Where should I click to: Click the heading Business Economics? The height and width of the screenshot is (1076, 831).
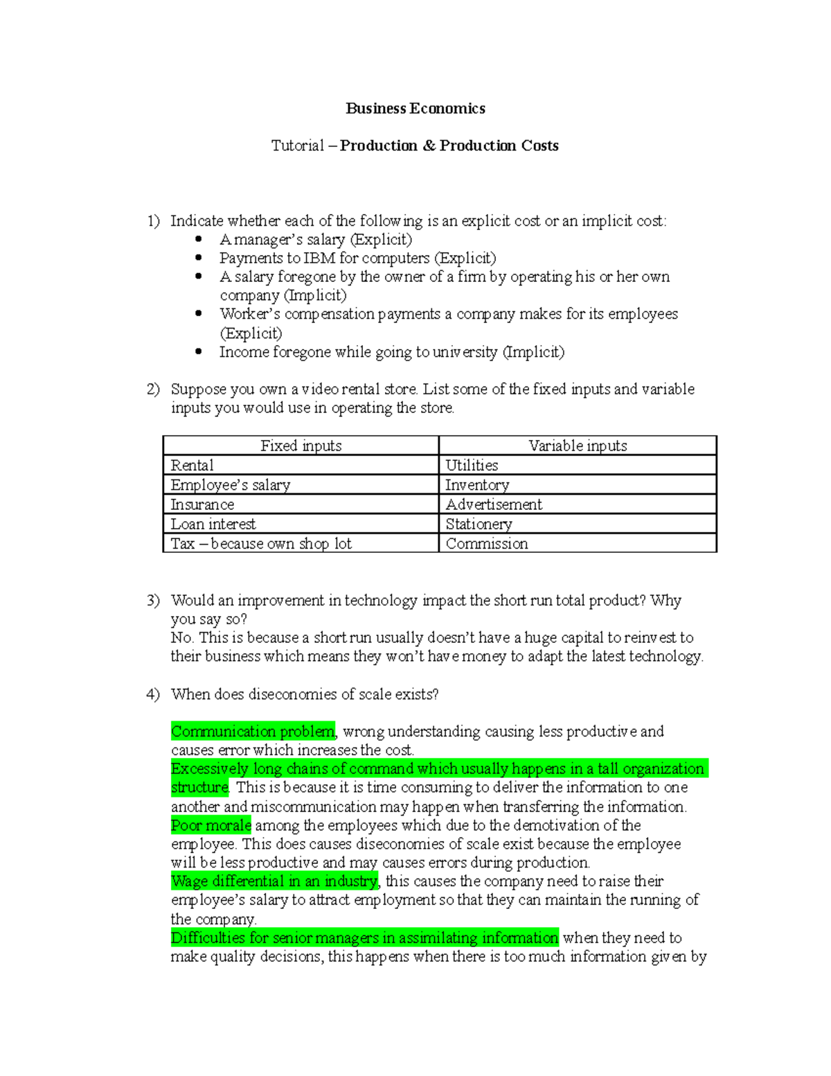coord(415,108)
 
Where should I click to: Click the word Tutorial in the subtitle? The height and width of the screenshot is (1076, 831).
coord(297,145)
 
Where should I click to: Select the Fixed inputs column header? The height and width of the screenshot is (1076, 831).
coord(301,446)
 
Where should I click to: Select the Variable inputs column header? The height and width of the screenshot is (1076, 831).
coord(578,446)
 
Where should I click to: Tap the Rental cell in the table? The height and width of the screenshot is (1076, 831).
coord(192,465)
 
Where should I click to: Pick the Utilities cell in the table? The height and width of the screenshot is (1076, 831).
coord(472,465)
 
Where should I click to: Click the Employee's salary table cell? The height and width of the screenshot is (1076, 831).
coord(230,485)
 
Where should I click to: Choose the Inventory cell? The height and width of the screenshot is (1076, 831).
coord(477,485)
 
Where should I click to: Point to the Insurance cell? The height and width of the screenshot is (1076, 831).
coord(202,504)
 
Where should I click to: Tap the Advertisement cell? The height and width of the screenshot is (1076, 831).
coord(494,504)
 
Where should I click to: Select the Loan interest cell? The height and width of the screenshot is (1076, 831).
coord(213,524)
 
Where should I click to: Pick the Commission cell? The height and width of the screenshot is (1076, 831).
coord(487,544)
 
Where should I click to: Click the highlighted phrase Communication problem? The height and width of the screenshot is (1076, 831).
coord(253,731)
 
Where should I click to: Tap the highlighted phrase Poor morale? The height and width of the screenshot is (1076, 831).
coord(211,825)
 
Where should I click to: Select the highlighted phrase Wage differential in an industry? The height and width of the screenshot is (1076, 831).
coord(274,881)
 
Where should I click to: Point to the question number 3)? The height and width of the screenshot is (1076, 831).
coord(153,600)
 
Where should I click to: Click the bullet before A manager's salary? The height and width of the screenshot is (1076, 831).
coord(199,239)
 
